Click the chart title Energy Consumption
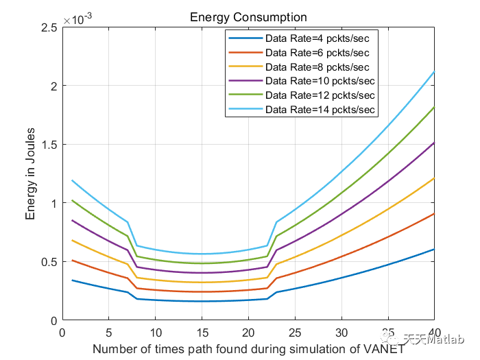point(248,16)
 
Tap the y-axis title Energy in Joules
point(31,174)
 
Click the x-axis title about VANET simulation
point(248,349)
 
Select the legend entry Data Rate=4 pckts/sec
point(319,38)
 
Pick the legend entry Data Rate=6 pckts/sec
point(319,53)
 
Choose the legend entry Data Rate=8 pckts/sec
point(319,67)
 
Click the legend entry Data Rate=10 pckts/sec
point(322,81)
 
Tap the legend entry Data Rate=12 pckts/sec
point(322,95)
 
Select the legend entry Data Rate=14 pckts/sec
point(322,109)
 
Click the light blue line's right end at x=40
point(434,72)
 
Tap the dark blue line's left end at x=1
point(72,280)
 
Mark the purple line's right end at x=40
point(434,143)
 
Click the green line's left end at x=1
point(72,201)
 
